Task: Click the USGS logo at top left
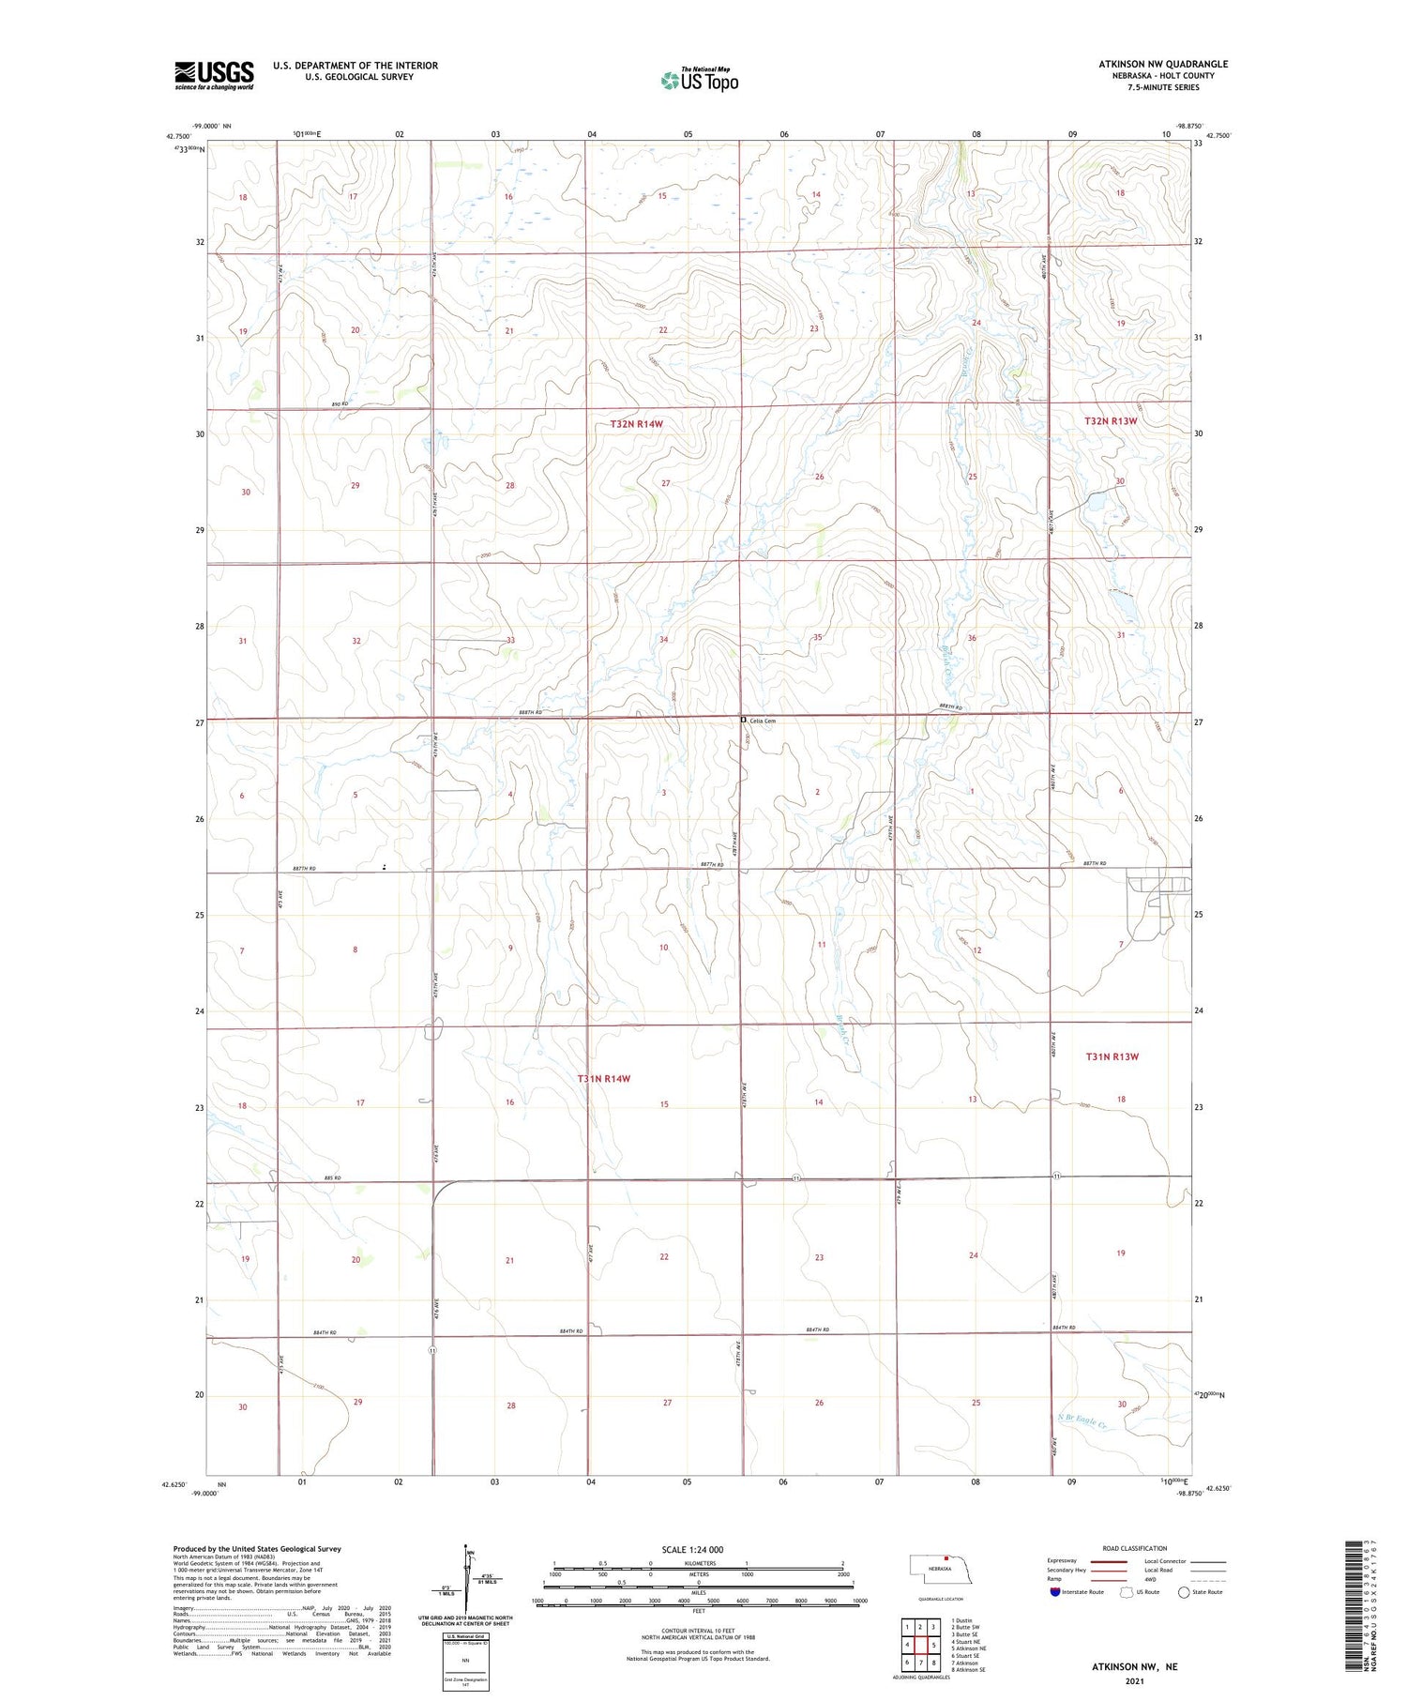[x=214, y=75]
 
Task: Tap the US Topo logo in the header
[x=699, y=80]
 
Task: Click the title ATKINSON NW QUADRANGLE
[x=1163, y=64]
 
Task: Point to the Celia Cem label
[x=763, y=721]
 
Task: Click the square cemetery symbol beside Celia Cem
[x=743, y=720]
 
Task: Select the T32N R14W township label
[x=636, y=424]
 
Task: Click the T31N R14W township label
[x=603, y=1079]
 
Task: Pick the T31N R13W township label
[x=1112, y=1056]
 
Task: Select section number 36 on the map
[x=972, y=638]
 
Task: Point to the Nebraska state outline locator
[x=939, y=1568]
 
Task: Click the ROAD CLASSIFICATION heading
[x=1134, y=1548]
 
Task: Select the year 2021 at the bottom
[x=1133, y=1679]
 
